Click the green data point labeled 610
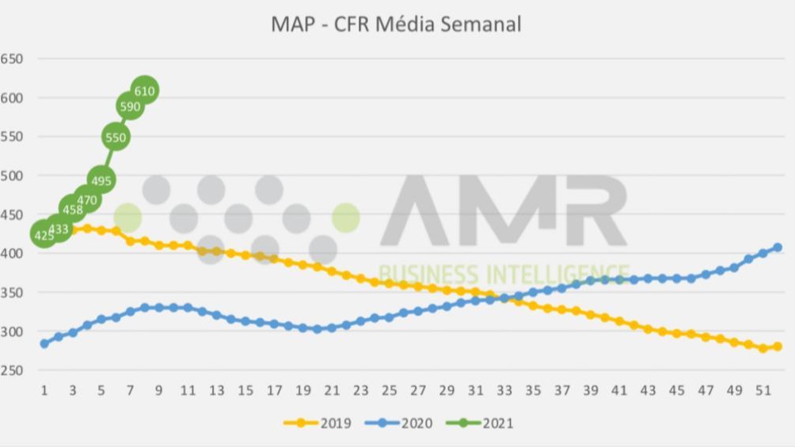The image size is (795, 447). point(144,90)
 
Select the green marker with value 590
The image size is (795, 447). point(130,105)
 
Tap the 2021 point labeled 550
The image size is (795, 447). point(116,137)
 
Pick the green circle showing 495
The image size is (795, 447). point(101,180)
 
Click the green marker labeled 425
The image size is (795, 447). point(44,234)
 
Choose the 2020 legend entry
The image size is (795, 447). point(399,423)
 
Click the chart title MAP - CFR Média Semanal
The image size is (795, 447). point(396,24)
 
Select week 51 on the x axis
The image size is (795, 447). point(763,391)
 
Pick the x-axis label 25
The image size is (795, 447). point(389,391)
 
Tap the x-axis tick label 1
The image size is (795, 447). point(44,391)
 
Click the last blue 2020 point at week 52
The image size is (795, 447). point(778,248)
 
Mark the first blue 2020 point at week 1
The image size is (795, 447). point(44,343)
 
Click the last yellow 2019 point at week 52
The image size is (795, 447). point(778,347)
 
